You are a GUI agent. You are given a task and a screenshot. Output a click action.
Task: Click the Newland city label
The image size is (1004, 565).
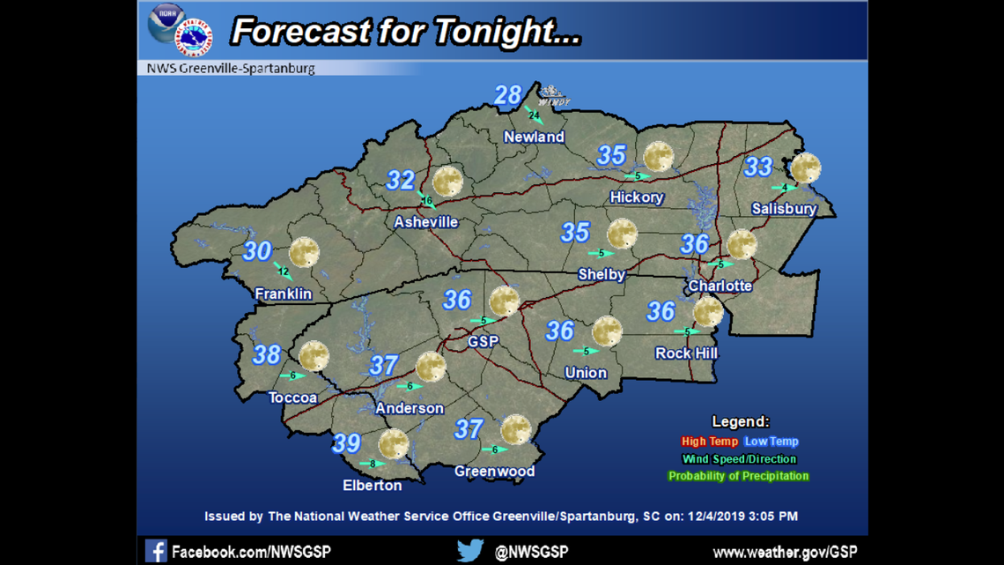coord(534,137)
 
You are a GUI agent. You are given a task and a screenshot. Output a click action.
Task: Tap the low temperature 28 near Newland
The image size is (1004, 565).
coord(508,95)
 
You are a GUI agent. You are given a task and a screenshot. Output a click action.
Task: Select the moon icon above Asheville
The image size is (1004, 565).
coord(447,181)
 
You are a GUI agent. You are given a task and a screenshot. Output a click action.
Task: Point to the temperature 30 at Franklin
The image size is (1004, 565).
coord(257,251)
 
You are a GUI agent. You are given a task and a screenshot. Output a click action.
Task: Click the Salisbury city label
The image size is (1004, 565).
coord(784,209)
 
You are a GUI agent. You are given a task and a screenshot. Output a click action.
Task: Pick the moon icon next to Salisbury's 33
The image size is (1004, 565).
coord(805,167)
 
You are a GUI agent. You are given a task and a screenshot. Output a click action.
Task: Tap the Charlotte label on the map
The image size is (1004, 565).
coord(720,286)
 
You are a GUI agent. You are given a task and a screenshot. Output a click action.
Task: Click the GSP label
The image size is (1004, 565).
coord(484,341)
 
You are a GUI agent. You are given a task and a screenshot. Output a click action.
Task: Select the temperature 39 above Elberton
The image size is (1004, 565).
coord(346,443)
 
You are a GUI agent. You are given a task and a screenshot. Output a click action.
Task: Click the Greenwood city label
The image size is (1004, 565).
coord(494,472)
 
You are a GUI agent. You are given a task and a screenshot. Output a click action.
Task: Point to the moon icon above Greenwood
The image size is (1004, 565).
coord(515,430)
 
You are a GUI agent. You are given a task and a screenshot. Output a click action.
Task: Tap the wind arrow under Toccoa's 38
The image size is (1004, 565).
coord(293,375)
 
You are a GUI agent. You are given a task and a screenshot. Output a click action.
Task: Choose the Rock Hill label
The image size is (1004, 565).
coord(686,353)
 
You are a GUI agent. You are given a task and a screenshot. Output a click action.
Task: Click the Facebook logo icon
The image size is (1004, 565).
coord(156,551)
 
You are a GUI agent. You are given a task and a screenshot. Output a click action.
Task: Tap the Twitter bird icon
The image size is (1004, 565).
coord(470,551)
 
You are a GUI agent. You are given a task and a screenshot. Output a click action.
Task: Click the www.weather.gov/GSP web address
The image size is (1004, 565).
coord(785,552)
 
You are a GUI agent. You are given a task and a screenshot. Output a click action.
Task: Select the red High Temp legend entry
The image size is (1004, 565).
coord(709,442)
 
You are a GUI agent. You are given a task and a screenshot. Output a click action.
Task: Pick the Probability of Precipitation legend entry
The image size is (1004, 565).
coord(738,476)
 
